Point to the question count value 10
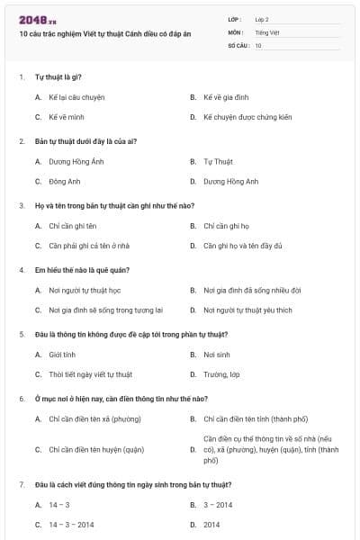pyautogui.click(x=258, y=44)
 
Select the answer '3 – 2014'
pyautogui.click(x=218, y=505)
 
